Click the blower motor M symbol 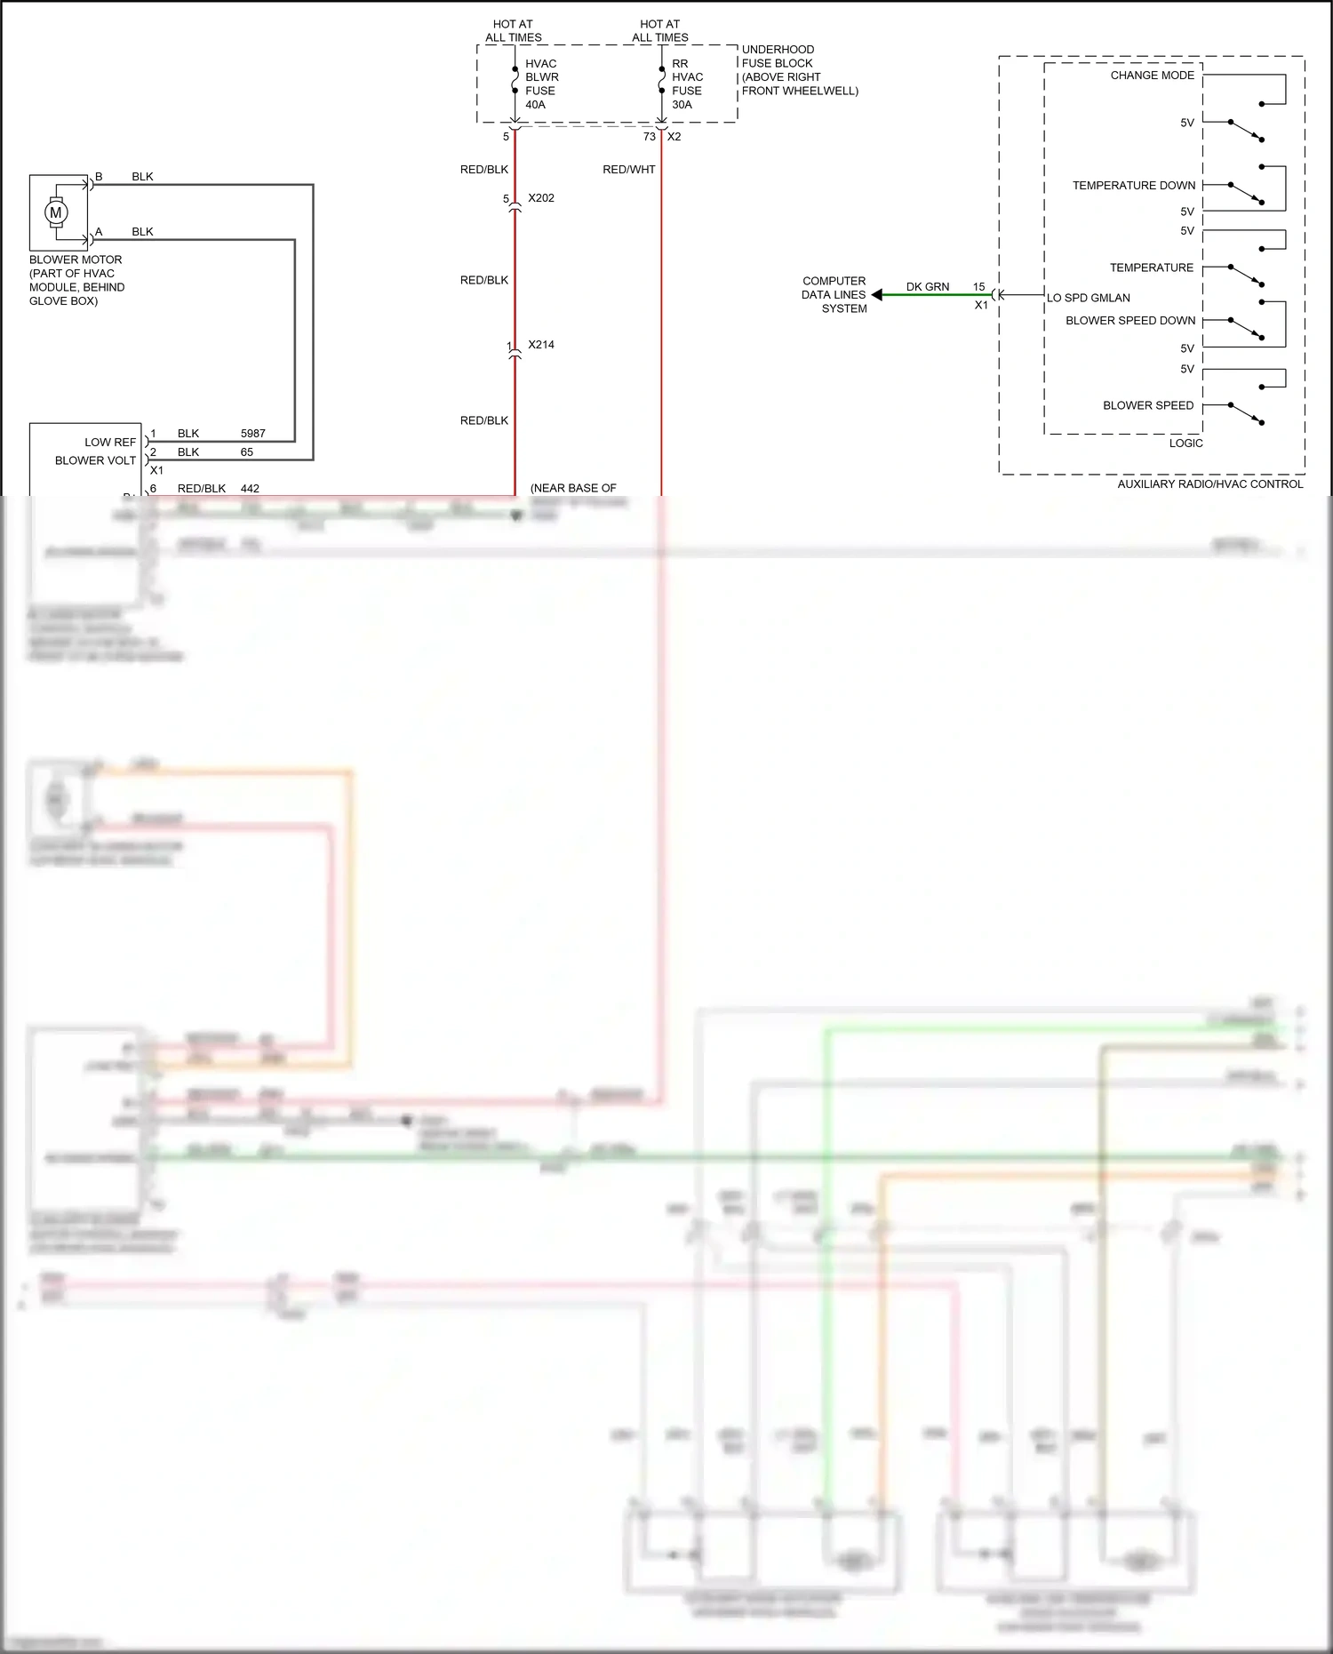56,212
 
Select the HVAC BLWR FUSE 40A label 541,84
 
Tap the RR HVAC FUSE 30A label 687,84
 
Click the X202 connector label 540,198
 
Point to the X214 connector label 540,345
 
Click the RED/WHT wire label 628,170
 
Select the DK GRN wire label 927,287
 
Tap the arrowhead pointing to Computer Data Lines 877,294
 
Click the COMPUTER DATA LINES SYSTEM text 834,295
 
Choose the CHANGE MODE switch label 1152,76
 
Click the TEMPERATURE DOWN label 1133,186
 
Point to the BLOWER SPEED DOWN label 1129,321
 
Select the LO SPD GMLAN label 1088,298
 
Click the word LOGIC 1185,443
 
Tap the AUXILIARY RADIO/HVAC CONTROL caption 1209,484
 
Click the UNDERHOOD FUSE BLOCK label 799,70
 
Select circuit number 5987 252,434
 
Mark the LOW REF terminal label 110,443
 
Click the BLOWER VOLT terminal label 95,460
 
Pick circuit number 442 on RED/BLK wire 250,489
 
